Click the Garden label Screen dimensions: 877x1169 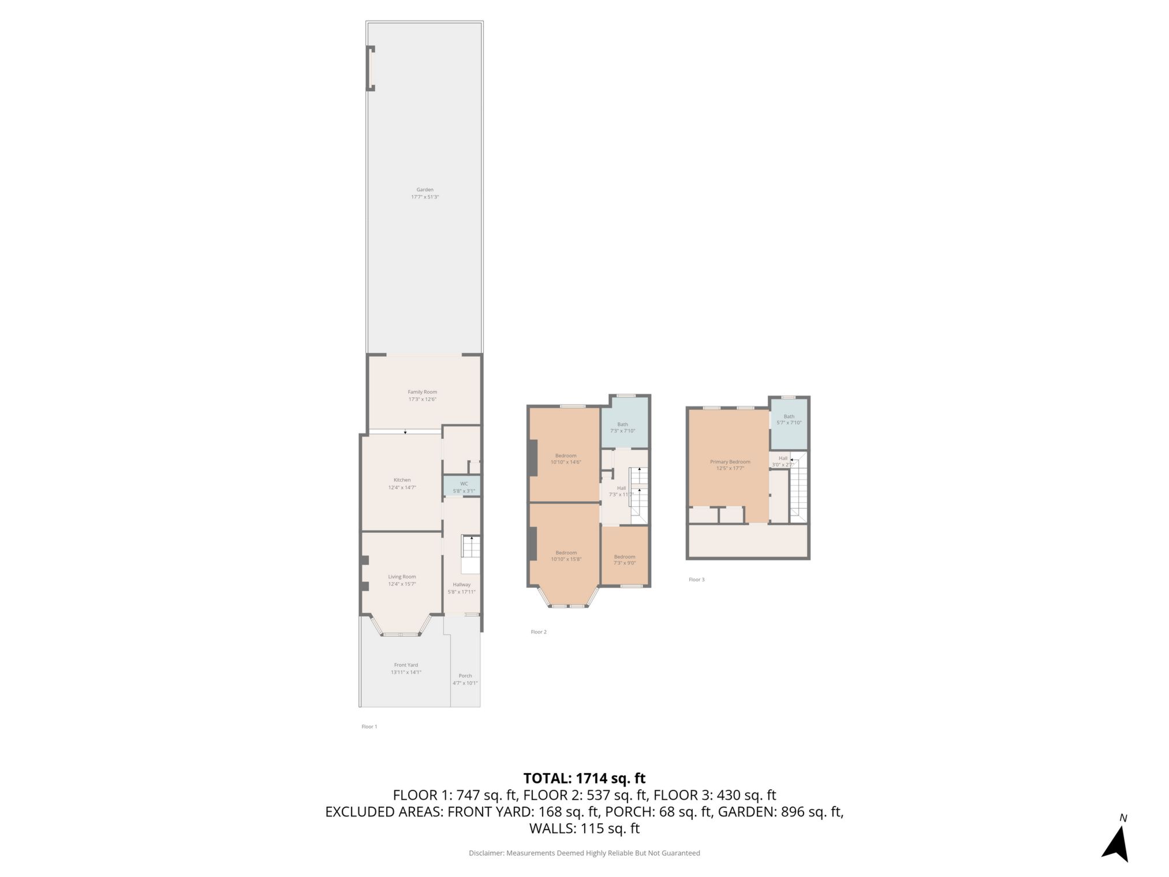tap(425, 189)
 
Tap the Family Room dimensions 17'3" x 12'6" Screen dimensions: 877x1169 tap(422, 399)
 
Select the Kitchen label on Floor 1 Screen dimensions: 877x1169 tap(402, 480)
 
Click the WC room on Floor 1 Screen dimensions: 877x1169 tap(464, 487)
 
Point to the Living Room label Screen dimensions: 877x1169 tap(402, 576)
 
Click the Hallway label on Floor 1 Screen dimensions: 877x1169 tap(461, 584)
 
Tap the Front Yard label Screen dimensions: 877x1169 tap(406, 665)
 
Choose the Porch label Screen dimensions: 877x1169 tap(465, 676)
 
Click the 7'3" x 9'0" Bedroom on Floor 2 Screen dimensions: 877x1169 tap(625, 559)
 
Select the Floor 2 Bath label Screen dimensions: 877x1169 tap(622, 424)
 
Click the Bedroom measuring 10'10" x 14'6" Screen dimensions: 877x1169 tap(566, 458)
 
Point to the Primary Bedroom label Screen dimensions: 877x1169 tap(730, 461)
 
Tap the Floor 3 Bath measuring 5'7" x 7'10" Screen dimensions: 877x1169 tap(789, 419)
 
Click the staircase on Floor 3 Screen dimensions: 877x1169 tap(798, 491)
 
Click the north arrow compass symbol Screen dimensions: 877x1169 tap(1117, 843)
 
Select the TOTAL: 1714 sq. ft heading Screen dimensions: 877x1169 tap(584, 778)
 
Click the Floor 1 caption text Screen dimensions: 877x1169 tap(369, 726)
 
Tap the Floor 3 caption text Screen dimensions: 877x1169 tap(696, 579)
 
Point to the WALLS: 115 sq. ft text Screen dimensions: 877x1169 tap(584, 829)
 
